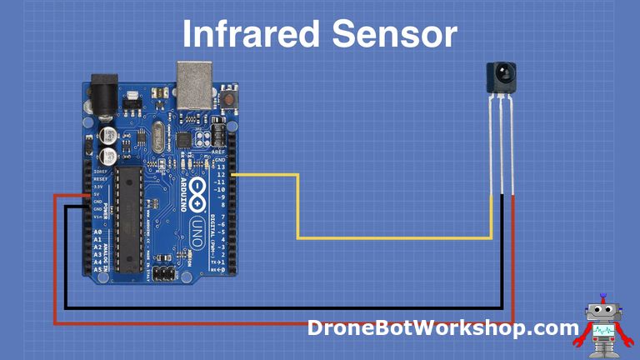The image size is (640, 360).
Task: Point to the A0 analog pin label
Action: (x=97, y=232)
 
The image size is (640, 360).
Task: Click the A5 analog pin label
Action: (x=97, y=269)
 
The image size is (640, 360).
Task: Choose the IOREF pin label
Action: (x=100, y=172)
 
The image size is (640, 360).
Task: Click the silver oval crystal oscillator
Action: (x=159, y=133)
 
